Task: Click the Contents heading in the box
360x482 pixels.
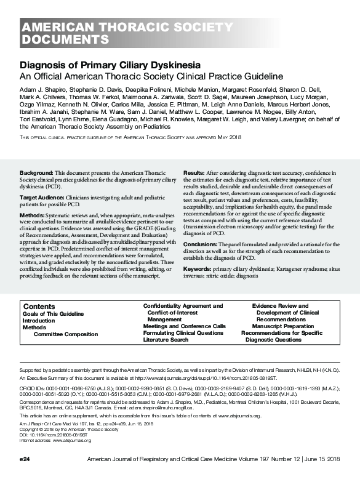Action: pos(39,307)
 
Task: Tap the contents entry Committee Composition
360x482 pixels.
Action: pos(66,334)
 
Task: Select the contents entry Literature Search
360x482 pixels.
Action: pos(166,340)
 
